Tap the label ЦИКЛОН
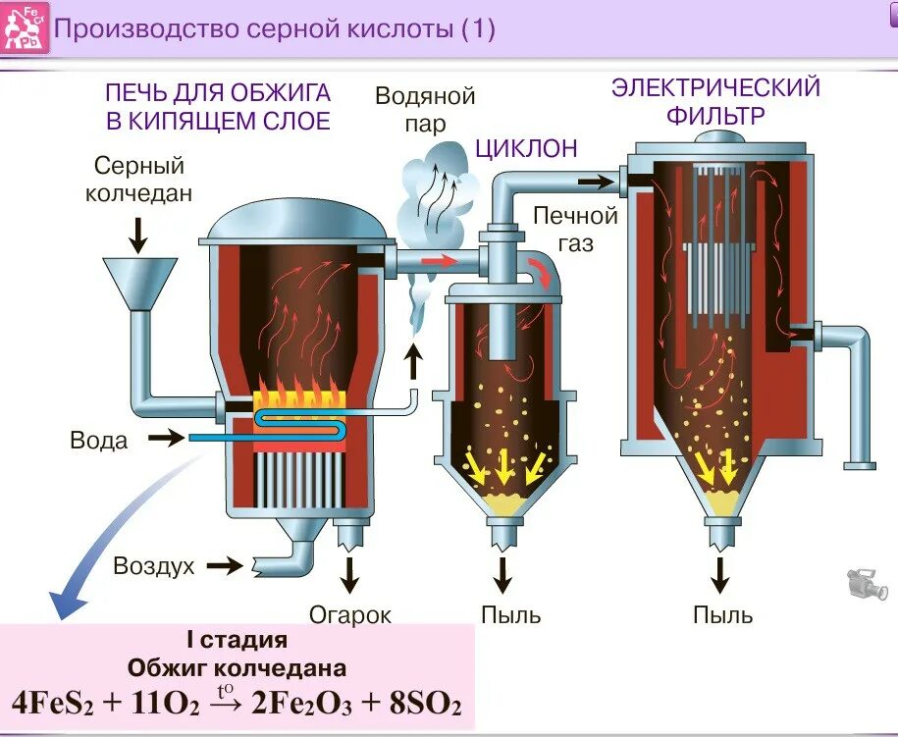(x=526, y=148)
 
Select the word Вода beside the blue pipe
(x=99, y=441)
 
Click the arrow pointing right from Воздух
(x=225, y=565)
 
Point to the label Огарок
(x=350, y=615)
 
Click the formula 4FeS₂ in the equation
(x=53, y=703)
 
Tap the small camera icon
(x=868, y=583)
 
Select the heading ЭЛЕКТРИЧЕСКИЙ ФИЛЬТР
(x=716, y=101)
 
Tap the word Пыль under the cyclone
(x=511, y=615)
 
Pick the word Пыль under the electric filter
(x=723, y=615)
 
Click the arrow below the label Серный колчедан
(x=138, y=233)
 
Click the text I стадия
(x=237, y=641)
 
